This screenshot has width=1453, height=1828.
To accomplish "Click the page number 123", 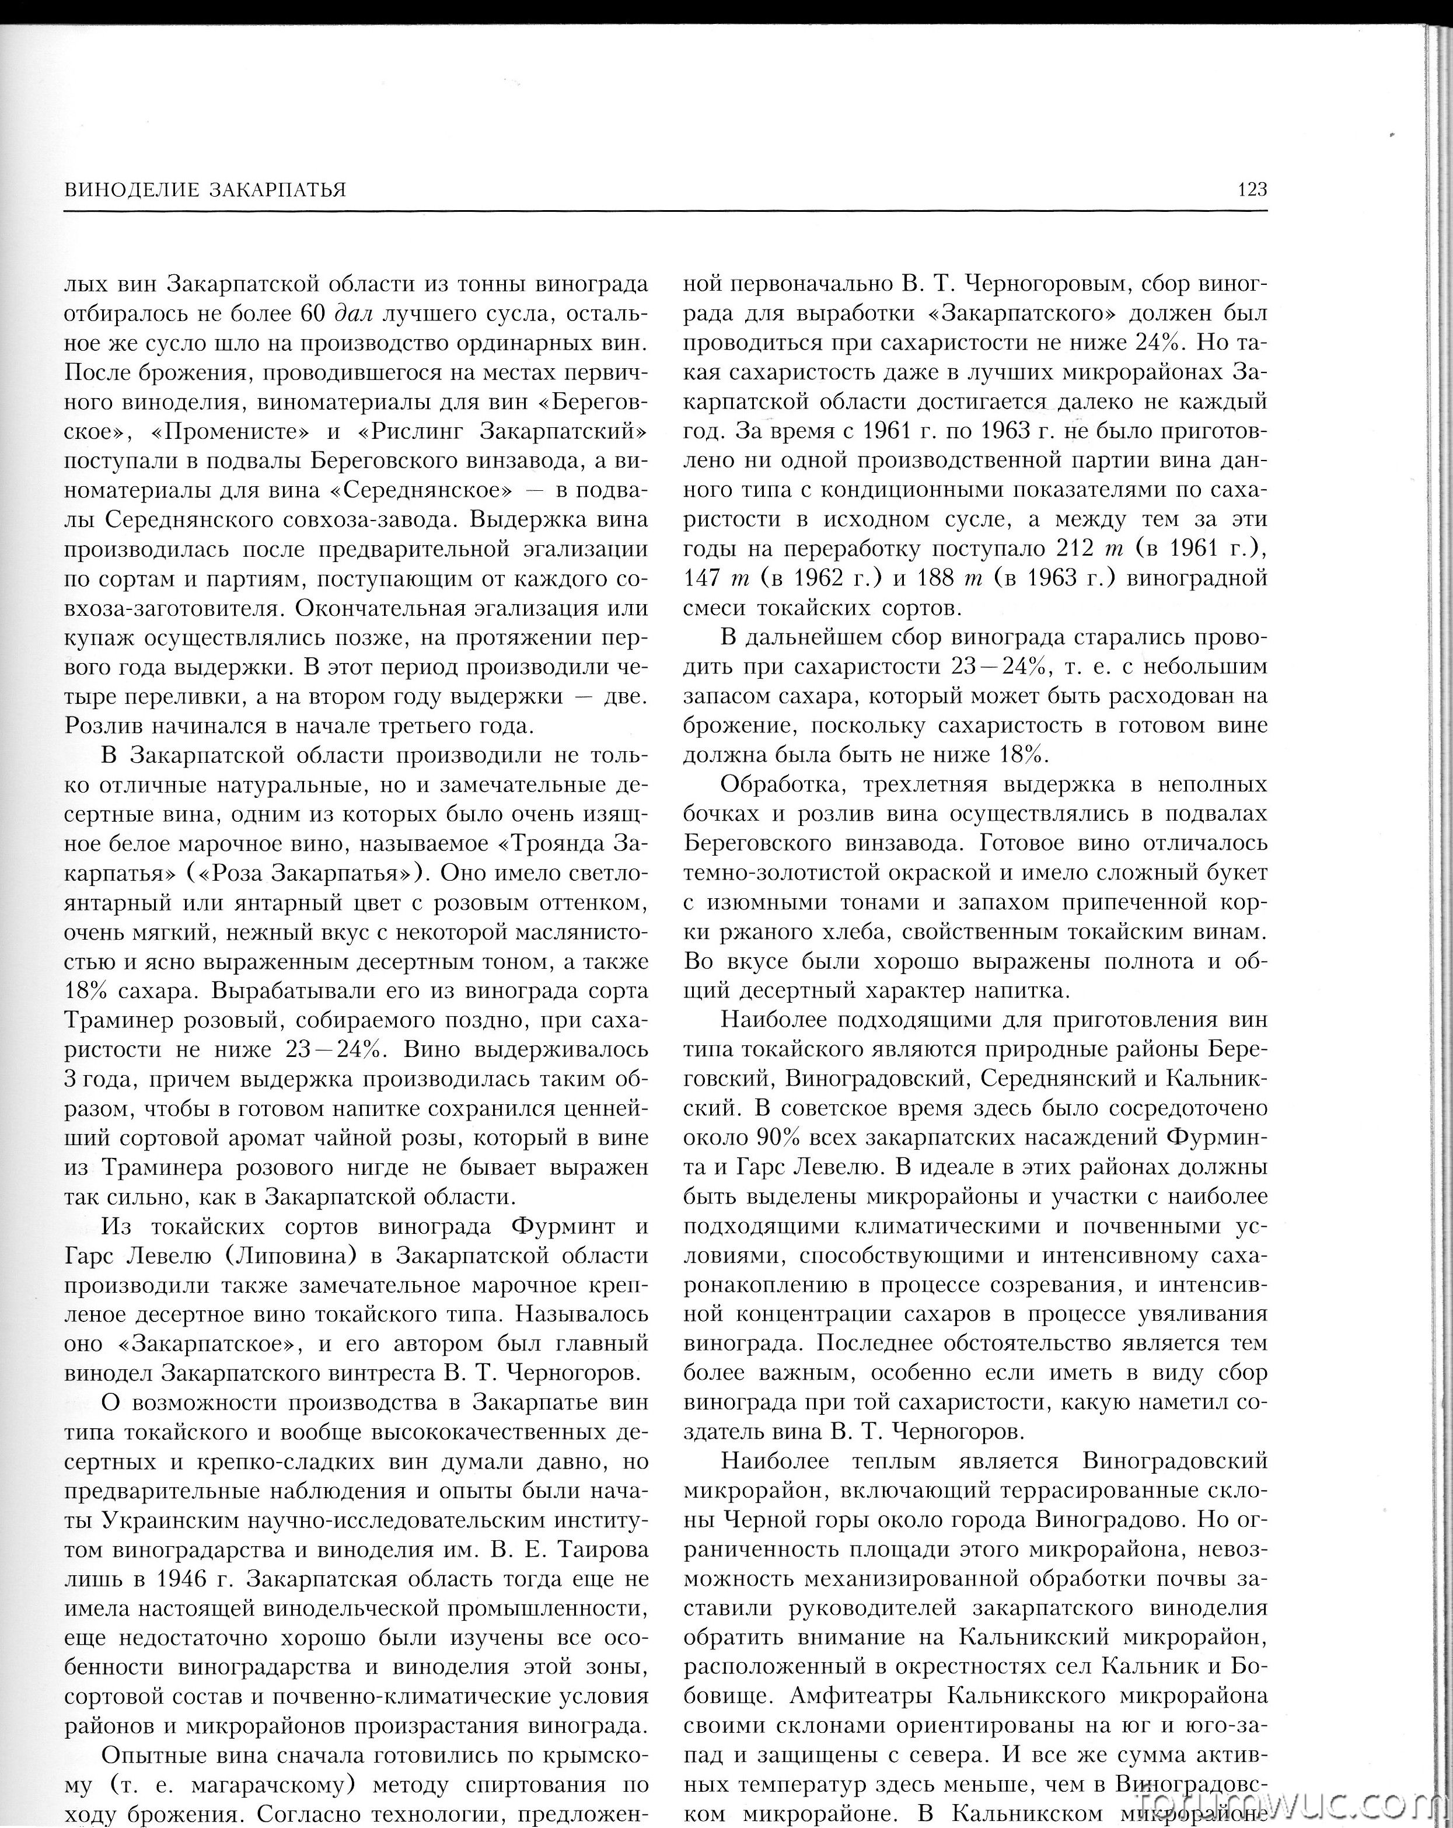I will click(1251, 189).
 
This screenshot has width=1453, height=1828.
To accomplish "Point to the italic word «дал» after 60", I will click(354, 313).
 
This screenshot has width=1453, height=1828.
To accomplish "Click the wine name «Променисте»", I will click(229, 431).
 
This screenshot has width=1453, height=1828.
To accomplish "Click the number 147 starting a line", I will click(702, 578).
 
